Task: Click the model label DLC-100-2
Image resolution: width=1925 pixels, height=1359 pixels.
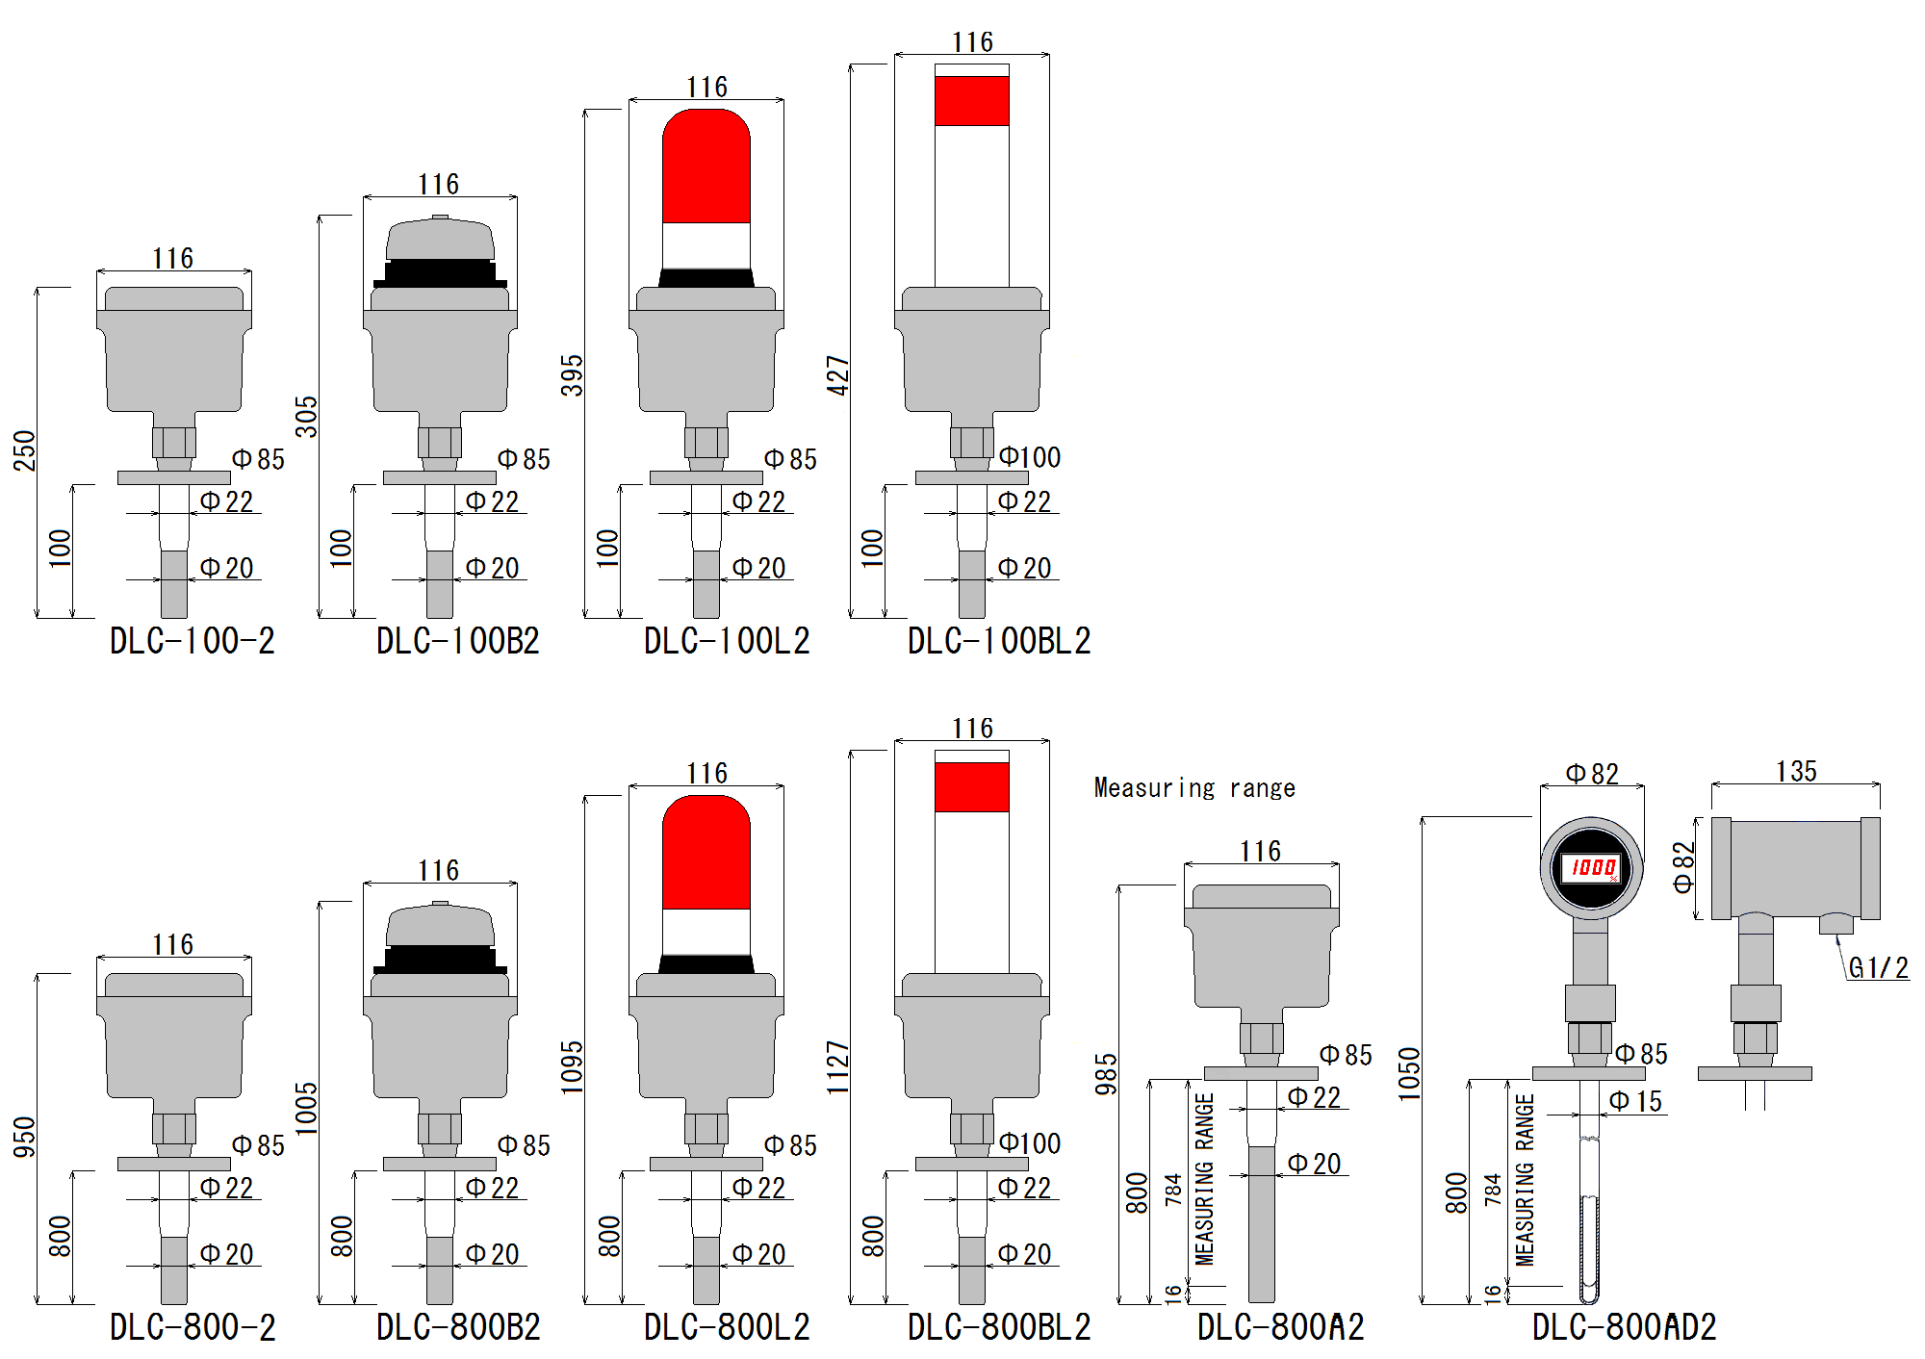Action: click(x=192, y=641)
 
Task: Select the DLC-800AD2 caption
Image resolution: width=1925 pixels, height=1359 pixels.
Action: click(x=1624, y=1327)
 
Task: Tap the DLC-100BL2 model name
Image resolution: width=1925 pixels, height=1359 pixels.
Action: click(x=998, y=641)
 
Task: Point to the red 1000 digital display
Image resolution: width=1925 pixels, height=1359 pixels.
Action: click(x=1592, y=868)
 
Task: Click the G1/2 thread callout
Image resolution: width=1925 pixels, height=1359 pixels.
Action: click(x=1878, y=968)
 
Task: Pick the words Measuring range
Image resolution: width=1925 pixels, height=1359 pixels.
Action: click(x=1193, y=788)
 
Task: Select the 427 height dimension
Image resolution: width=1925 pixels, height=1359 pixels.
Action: click(x=838, y=375)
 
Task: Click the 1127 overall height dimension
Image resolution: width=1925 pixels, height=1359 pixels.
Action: click(x=838, y=1066)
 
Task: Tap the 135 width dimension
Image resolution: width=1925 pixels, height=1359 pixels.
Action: click(x=1796, y=772)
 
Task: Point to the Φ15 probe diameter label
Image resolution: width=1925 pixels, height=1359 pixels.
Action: click(x=1636, y=1101)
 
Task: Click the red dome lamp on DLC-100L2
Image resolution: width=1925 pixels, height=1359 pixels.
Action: click(x=706, y=168)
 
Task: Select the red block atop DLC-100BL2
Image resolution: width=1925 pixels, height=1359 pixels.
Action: click(x=972, y=100)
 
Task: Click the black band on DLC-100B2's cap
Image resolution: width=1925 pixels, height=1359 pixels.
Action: click(x=440, y=273)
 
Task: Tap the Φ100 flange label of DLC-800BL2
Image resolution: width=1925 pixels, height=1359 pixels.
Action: click(x=1029, y=1143)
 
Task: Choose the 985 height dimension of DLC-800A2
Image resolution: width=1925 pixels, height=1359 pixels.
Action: click(x=1107, y=1074)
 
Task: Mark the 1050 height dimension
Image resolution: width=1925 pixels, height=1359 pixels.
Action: click(x=1409, y=1074)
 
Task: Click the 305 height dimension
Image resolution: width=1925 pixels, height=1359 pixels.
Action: click(x=306, y=416)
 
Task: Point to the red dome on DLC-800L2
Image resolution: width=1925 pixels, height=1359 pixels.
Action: click(x=706, y=855)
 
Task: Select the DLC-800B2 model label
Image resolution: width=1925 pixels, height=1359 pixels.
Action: click(x=458, y=1327)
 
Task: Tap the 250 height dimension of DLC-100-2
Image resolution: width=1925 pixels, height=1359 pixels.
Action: click(x=24, y=450)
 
